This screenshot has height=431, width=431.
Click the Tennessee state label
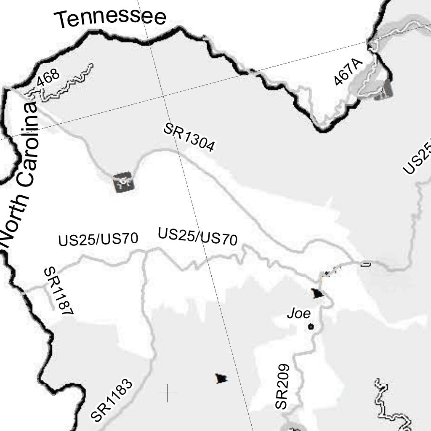coord(110,18)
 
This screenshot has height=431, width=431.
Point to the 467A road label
coord(348,72)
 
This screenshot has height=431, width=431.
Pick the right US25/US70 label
coord(197,236)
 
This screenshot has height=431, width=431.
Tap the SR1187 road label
coord(59,290)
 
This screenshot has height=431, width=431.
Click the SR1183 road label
coord(112,400)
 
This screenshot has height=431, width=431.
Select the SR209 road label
coord(282,386)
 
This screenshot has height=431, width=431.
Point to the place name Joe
coord(299,314)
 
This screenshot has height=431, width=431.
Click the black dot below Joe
coord(311,326)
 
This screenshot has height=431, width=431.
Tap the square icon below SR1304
coord(124,182)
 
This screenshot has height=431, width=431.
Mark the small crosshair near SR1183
coord(168,393)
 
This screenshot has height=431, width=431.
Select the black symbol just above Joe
coord(317,293)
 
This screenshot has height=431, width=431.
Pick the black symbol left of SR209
coord(221,378)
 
